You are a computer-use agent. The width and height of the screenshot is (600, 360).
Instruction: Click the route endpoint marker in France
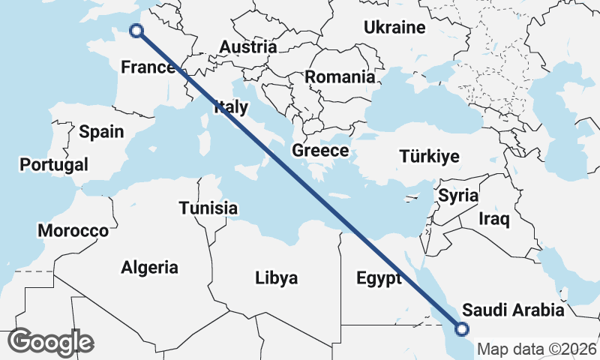pyautogui.click(x=136, y=31)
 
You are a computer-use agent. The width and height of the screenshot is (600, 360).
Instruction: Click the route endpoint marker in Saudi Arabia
pyautogui.click(x=462, y=328)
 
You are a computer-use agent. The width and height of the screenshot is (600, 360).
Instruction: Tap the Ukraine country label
pyautogui.click(x=394, y=28)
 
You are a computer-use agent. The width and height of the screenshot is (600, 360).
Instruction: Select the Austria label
pyautogui.click(x=247, y=47)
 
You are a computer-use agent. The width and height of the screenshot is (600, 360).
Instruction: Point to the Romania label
pyautogui.click(x=340, y=76)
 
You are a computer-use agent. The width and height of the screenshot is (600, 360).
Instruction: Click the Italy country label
pyautogui.click(x=230, y=107)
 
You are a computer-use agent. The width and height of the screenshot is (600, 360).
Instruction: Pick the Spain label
pyautogui.click(x=101, y=132)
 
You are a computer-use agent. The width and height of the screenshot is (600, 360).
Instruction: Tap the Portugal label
pyautogui.click(x=54, y=164)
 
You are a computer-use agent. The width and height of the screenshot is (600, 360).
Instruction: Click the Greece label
pyautogui.click(x=320, y=151)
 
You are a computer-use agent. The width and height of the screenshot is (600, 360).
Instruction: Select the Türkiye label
pyautogui.click(x=429, y=157)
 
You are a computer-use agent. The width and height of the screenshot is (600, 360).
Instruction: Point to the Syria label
pyautogui.click(x=458, y=196)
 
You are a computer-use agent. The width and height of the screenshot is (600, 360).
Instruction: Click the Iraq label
pyautogui.click(x=494, y=220)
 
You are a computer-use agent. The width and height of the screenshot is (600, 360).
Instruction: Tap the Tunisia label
pyautogui.click(x=208, y=208)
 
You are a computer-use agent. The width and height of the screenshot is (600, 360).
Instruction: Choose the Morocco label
pyautogui.click(x=73, y=231)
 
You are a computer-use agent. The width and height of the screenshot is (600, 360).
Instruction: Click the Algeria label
pyautogui.click(x=150, y=267)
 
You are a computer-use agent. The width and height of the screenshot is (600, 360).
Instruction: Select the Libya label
pyautogui.click(x=277, y=278)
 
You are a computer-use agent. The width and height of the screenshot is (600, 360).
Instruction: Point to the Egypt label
pyautogui.click(x=379, y=279)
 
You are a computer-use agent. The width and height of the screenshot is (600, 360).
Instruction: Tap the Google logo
pyautogui.click(x=51, y=342)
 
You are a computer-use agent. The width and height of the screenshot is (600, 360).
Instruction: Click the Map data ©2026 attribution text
pyautogui.click(x=537, y=349)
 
